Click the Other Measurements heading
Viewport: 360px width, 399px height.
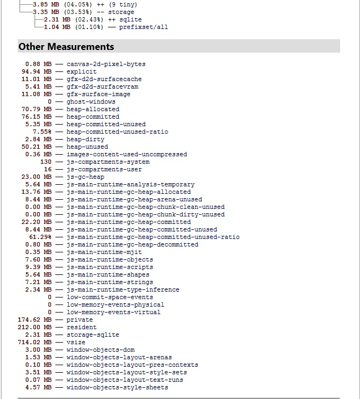(x=66, y=47)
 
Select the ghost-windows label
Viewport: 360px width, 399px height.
(x=91, y=101)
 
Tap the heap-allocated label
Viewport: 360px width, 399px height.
(x=93, y=109)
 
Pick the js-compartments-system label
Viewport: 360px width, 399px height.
(x=108, y=162)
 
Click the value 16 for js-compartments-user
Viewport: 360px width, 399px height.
(x=48, y=169)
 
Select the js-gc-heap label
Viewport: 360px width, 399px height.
(x=85, y=177)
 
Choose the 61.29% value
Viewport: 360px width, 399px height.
(x=40, y=237)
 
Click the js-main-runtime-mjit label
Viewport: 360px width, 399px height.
(x=104, y=252)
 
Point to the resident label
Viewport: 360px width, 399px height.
(x=82, y=327)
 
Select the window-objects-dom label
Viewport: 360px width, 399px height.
(x=100, y=350)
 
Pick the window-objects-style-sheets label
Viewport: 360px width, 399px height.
(x=117, y=387)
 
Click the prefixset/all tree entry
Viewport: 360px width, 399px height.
(x=143, y=27)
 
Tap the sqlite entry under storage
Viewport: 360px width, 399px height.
(x=131, y=19)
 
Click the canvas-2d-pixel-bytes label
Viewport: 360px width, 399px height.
(x=106, y=64)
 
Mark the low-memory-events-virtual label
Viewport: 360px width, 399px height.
(x=113, y=312)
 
